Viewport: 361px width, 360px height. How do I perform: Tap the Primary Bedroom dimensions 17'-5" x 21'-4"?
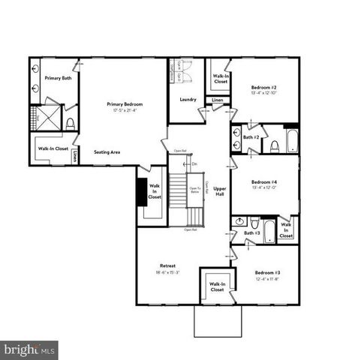(x=125, y=110)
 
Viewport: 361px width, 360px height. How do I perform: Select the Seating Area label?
(x=107, y=151)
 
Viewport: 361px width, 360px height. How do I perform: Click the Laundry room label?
(x=188, y=100)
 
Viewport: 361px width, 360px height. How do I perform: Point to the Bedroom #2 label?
(x=264, y=88)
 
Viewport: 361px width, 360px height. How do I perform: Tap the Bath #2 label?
(x=251, y=137)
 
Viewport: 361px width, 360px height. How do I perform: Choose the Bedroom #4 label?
(x=264, y=182)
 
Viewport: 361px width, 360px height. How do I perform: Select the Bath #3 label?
(x=251, y=233)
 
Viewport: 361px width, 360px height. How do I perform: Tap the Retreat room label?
(x=168, y=266)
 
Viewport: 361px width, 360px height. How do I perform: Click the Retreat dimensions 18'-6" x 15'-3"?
(x=168, y=274)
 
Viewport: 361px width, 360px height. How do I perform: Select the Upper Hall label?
(x=219, y=191)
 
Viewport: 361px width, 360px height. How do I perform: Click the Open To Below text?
(x=194, y=190)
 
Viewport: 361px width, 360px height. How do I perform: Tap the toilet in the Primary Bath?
(x=70, y=123)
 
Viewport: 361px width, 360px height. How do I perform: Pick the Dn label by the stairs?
(x=194, y=163)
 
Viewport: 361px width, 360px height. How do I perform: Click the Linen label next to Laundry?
(x=217, y=100)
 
